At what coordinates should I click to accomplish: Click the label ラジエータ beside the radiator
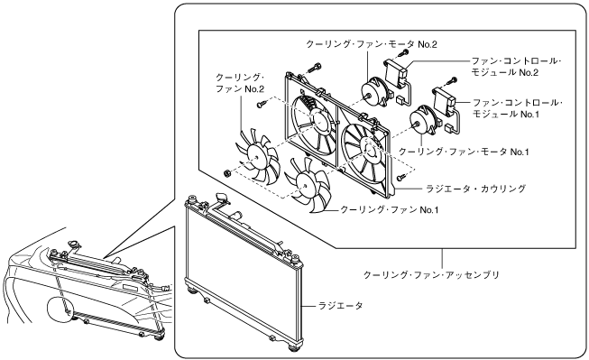click(341, 306)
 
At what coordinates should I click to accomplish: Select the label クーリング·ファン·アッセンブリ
click(432, 275)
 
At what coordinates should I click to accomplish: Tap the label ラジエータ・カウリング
click(475, 189)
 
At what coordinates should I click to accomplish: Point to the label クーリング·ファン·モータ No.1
click(464, 152)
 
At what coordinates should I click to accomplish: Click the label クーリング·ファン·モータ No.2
click(372, 44)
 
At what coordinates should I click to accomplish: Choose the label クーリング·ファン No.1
click(389, 209)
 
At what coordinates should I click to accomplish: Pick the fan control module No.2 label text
click(516, 67)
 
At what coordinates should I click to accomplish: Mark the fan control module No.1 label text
click(517, 108)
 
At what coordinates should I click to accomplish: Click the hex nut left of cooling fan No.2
click(226, 173)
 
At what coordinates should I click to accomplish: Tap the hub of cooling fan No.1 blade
click(303, 183)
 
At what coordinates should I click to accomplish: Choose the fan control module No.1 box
click(445, 101)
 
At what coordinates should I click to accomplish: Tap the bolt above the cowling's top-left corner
click(314, 69)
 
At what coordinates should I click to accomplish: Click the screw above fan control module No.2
click(403, 53)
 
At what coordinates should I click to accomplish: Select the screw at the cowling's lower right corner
click(401, 176)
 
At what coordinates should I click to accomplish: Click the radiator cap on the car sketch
click(73, 245)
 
